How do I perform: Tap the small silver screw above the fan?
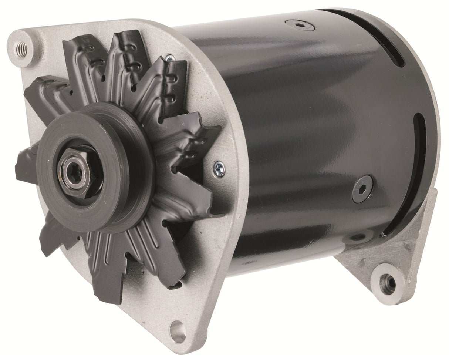pyautogui.click(x=170, y=58)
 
